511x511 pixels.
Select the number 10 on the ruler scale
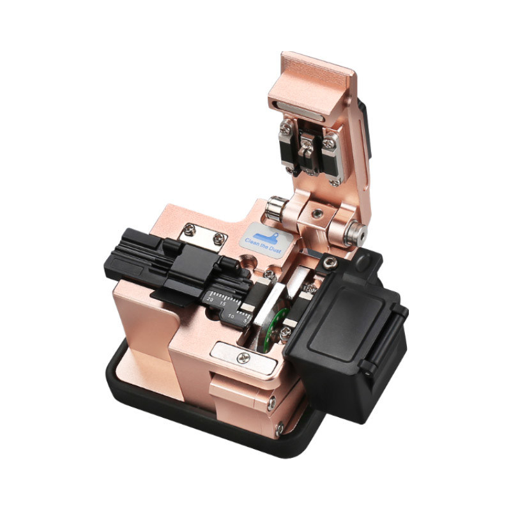[231, 316]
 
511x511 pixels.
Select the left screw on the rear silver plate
[188, 228]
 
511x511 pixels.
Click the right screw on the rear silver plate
[219, 238]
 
